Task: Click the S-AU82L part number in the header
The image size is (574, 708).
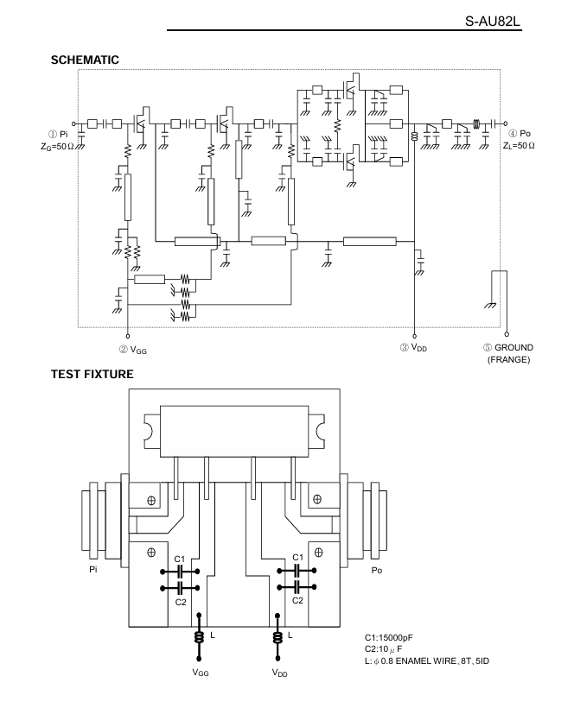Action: click(493, 22)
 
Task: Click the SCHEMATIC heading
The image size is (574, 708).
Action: click(85, 60)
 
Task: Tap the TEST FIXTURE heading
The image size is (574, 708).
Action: click(92, 375)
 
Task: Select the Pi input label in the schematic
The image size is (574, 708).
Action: click(63, 134)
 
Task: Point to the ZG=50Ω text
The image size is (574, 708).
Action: click(57, 146)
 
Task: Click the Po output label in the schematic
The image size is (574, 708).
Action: click(525, 133)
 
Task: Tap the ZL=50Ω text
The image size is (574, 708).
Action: click(519, 145)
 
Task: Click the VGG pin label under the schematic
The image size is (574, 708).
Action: click(138, 350)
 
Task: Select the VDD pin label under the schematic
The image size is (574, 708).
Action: click(419, 348)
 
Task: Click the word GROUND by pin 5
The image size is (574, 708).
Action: click(513, 348)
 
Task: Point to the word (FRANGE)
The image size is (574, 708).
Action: click(508, 360)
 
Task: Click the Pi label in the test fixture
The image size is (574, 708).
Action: click(93, 569)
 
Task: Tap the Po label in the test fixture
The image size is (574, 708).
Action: click(377, 570)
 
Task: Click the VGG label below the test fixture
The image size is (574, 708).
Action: click(201, 673)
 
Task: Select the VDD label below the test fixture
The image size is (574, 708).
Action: click(280, 673)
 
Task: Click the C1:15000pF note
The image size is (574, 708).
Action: click(389, 637)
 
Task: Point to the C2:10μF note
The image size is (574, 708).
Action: click(384, 649)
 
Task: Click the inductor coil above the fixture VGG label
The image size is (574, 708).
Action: click(199, 637)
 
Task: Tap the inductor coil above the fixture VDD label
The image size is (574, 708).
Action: click(278, 637)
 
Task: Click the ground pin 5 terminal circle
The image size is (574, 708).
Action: click(507, 334)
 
